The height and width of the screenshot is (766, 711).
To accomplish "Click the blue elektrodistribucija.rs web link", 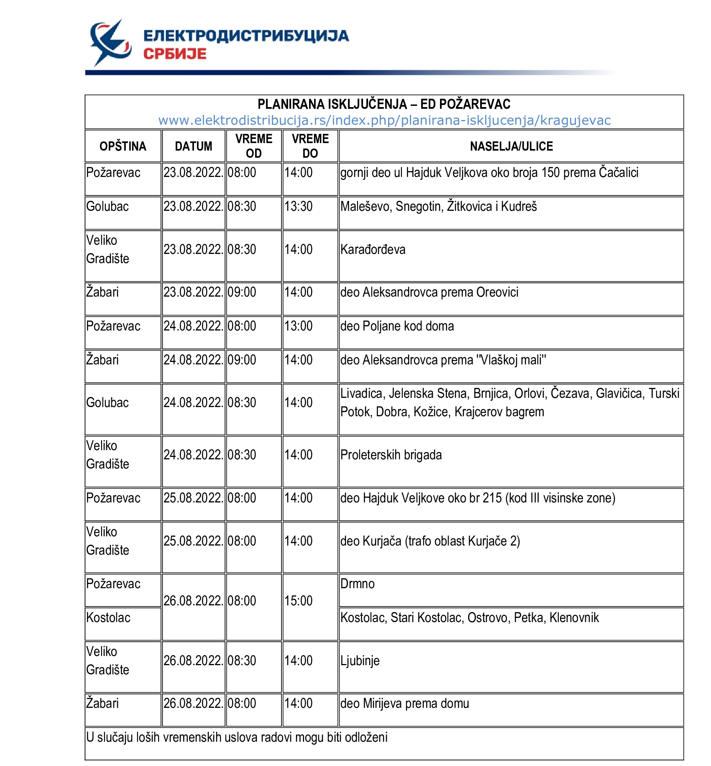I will pos(384,120).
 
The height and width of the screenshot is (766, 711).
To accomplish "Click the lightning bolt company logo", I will pos(110,43).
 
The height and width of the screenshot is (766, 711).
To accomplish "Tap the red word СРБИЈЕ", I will pos(175,54).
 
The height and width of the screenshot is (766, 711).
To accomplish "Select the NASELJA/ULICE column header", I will pos(511,146).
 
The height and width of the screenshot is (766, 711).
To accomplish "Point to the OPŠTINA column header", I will pos(123,146).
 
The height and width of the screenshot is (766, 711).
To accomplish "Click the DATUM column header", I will pos(194,146).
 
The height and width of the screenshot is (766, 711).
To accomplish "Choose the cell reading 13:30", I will pos(299,207).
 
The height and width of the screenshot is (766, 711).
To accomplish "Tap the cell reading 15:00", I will pos(299,601).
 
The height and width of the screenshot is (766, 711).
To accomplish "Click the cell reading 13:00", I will pos(299,326).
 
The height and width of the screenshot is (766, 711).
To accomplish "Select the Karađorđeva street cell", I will pos(373,250).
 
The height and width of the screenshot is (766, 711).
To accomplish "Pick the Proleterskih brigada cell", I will pos(391,455).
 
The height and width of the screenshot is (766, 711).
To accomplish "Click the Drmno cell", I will pos(358,584).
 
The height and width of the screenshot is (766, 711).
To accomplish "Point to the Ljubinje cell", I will pos(360,661).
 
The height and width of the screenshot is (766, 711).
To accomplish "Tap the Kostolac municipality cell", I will pos(108,618).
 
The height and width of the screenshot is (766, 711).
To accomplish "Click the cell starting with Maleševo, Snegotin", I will pos(439,207).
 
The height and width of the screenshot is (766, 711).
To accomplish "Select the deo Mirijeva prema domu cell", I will pos(404,704).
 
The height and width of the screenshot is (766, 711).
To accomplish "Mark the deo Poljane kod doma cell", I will pos(397,326).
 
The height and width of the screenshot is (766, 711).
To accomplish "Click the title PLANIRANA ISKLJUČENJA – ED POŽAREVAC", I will pos(384,104).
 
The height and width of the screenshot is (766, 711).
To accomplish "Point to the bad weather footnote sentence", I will pos(237,737).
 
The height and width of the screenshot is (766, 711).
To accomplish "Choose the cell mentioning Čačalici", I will pos(489,173).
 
